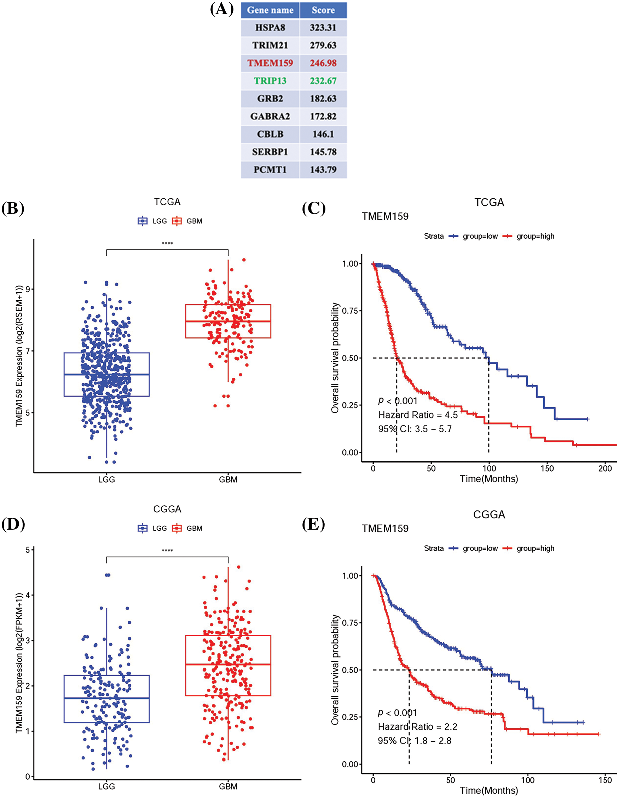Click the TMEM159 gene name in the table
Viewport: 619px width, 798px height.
(270, 63)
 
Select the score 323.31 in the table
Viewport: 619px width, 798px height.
(323, 28)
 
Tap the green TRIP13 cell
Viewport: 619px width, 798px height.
(270, 81)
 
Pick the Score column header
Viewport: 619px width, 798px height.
(323, 10)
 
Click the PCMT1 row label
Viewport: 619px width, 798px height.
(270, 170)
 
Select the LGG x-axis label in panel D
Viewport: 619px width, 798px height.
(106, 786)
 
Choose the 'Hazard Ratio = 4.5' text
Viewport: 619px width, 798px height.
(418, 415)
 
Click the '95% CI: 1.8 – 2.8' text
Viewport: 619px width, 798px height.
(415, 741)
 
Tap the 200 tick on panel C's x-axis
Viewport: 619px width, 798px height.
(605, 469)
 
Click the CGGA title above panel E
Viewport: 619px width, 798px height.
(489, 514)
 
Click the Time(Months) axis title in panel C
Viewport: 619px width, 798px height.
(489, 479)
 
